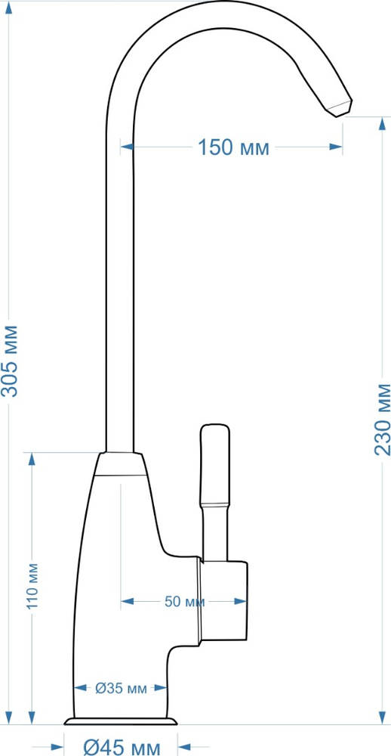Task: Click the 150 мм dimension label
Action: point(233,147)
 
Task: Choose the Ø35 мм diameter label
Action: point(121,687)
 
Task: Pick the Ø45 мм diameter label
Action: point(121,748)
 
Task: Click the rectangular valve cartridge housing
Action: point(224,602)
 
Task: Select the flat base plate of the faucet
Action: point(121,723)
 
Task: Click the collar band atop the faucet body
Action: point(121,464)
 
